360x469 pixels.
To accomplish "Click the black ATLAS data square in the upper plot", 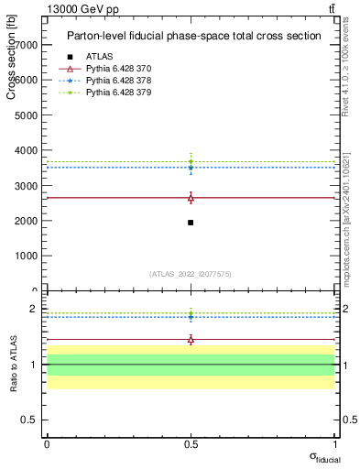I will click(191, 223).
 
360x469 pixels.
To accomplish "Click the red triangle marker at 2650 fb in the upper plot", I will click(191, 198).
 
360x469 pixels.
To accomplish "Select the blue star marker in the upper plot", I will click(191, 168).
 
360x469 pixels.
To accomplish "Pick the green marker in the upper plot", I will click(191, 162).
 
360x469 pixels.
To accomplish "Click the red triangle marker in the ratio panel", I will click(191, 340).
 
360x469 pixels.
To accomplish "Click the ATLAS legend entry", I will click(99, 57).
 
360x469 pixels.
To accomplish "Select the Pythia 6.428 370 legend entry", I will click(118, 69).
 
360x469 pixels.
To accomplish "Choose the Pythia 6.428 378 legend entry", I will click(118, 81).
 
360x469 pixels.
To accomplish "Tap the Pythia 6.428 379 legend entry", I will click(118, 93).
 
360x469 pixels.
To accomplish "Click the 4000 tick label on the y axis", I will click(26, 150).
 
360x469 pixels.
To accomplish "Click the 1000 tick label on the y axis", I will click(26, 256).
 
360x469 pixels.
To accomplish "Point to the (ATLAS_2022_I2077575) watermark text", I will click(191, 273).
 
